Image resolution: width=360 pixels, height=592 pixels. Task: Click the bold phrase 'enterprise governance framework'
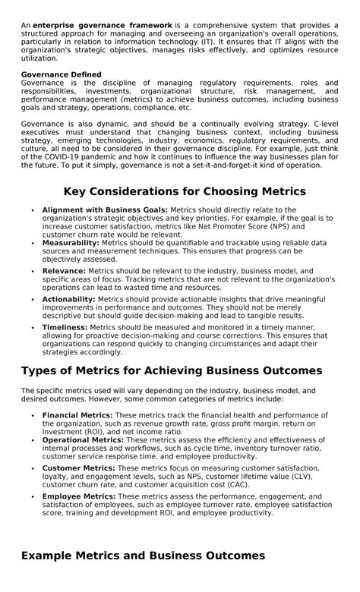102,25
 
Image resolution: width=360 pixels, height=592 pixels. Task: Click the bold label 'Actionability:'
69,299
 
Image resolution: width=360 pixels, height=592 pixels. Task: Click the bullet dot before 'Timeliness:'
33,327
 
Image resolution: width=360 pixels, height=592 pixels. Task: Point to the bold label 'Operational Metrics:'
83,439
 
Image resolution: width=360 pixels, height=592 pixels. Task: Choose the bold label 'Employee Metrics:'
79,496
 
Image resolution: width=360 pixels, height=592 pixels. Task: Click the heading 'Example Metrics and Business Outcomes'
143,556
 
